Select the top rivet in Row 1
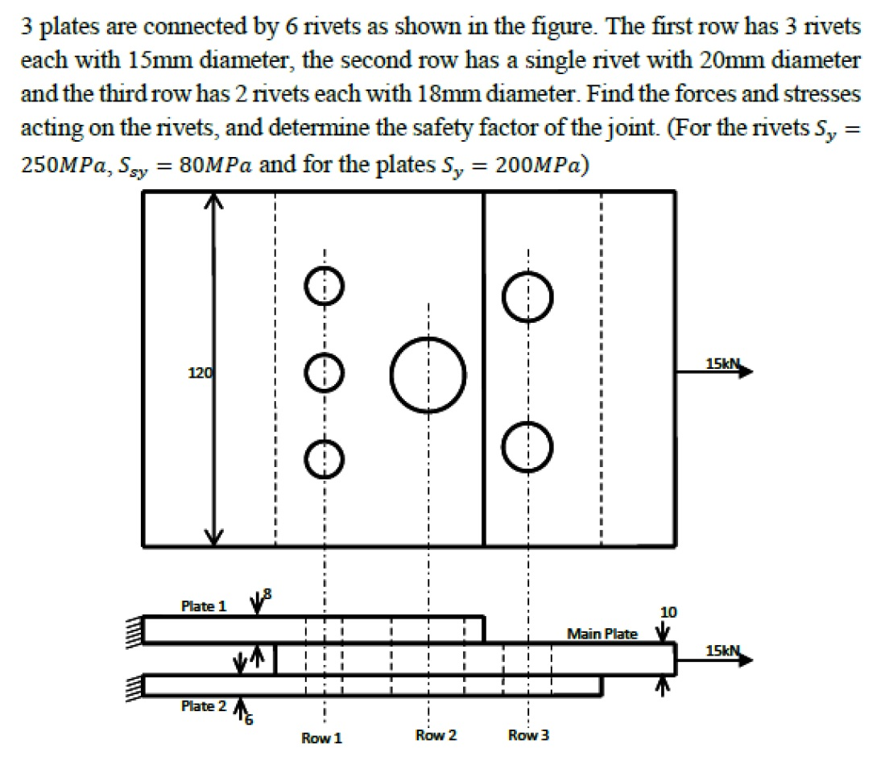(x=325, y=287)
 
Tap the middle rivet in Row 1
(x=325, y=372)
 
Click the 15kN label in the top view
(x=722, y=364)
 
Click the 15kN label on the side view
(x=722, y=651)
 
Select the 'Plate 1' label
(x=198, y=606)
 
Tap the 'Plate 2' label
(x=198, y=706)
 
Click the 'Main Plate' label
(x=602, y=634)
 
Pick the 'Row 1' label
(x=322, y=738)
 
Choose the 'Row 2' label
(x=436, y=735)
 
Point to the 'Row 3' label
(x=529, y=735)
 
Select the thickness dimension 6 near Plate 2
(x=248, y=720)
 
